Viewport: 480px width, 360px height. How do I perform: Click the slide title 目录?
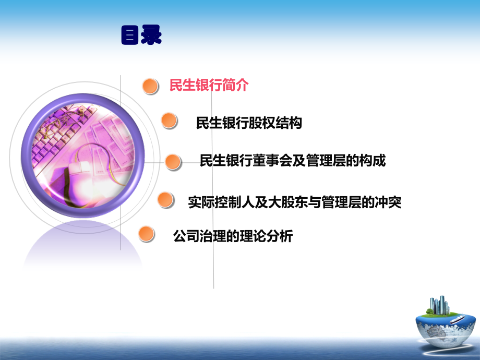point(141,35)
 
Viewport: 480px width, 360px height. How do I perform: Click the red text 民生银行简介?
point(209,85)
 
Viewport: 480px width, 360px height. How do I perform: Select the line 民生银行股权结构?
point(249,123)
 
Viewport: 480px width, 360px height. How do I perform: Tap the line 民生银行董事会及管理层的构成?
point(293,161)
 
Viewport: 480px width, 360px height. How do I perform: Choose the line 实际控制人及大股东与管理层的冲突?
point(295,202)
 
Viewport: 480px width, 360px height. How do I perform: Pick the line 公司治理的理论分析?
point(233,236)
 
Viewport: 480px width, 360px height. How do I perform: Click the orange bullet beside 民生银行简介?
point(151,87)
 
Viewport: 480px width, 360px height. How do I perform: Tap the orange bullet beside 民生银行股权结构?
point(170,121)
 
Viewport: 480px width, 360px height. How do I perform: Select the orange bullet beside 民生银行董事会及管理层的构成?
point(173,162)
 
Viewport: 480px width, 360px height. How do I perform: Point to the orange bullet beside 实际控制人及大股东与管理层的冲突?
point(165,200)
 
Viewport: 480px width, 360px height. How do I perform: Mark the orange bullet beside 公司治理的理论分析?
point(147,234)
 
